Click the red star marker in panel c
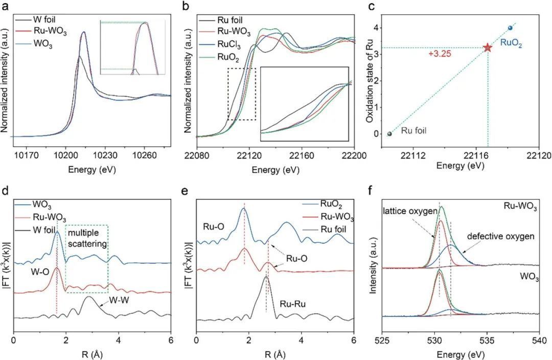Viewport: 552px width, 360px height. (x=487, y=47)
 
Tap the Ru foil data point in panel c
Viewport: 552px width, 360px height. (x=389, y=134)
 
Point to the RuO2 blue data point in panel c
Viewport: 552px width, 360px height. (x=510, y=28)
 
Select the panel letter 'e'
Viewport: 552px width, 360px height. (x=199, y=192)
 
